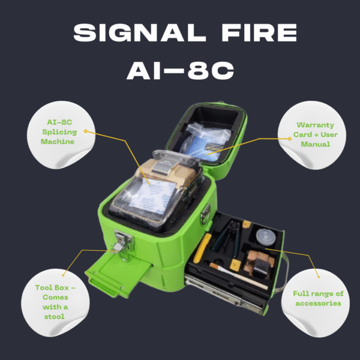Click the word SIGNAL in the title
coord(139,32)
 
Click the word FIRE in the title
coord(259,32)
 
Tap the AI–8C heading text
coord(180,70)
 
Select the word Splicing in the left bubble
coord(59,132)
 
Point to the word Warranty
coord(316,125)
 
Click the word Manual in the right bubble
coord(316,144)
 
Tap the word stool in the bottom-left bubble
coord(55,317)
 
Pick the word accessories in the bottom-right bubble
coord(318,303)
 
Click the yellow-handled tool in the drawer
coord(202,248)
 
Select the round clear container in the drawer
coord(266,237)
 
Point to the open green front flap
coord(118,273)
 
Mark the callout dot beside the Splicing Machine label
coord(85,131)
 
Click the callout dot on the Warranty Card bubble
coord(290,139)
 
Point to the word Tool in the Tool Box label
coord(43,287)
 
